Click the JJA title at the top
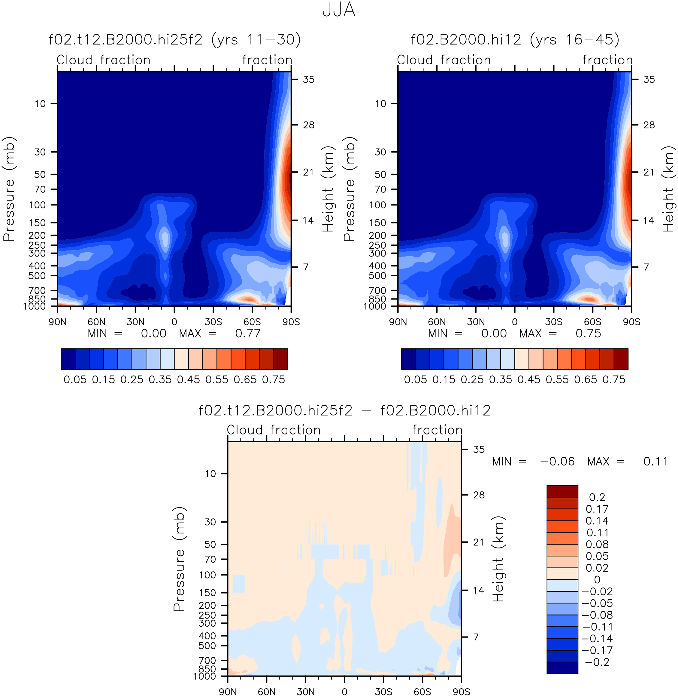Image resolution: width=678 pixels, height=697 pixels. tap(339, 10)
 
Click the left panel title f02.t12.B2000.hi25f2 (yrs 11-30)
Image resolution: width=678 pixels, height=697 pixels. tap(174, 40)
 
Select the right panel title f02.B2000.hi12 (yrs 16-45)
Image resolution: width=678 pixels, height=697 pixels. tap(515, 40)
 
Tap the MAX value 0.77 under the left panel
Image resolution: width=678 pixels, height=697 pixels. tap(248, 333)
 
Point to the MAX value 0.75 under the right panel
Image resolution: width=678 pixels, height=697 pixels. tap(588, 333)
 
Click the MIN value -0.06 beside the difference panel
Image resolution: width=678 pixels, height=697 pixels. tap(557, 461)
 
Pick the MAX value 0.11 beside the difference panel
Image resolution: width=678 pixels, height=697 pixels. tap(655, 461)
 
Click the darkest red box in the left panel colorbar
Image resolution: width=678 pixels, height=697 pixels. tap(281, 359)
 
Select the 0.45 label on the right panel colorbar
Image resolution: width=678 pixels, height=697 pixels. tap(529, 379)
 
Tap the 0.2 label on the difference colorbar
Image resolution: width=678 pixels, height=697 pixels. tap(597, 497)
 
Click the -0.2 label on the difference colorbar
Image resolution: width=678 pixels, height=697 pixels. tap(597, 662)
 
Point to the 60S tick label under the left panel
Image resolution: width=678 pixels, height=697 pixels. tap(252, 322)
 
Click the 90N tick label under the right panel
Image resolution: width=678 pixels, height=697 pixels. tap(398, 322)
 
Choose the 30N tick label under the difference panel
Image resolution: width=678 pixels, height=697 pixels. tap(306, 692)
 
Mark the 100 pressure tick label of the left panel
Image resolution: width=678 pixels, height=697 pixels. tap(38, 205)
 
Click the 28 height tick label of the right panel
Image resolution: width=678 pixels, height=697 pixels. tap(649, 125)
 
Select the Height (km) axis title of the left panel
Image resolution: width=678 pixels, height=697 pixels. tap(328, 189)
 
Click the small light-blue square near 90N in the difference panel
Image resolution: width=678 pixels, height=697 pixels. tap(239, 583)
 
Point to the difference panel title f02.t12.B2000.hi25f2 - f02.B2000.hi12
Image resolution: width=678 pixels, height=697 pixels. tap(344, 410)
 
